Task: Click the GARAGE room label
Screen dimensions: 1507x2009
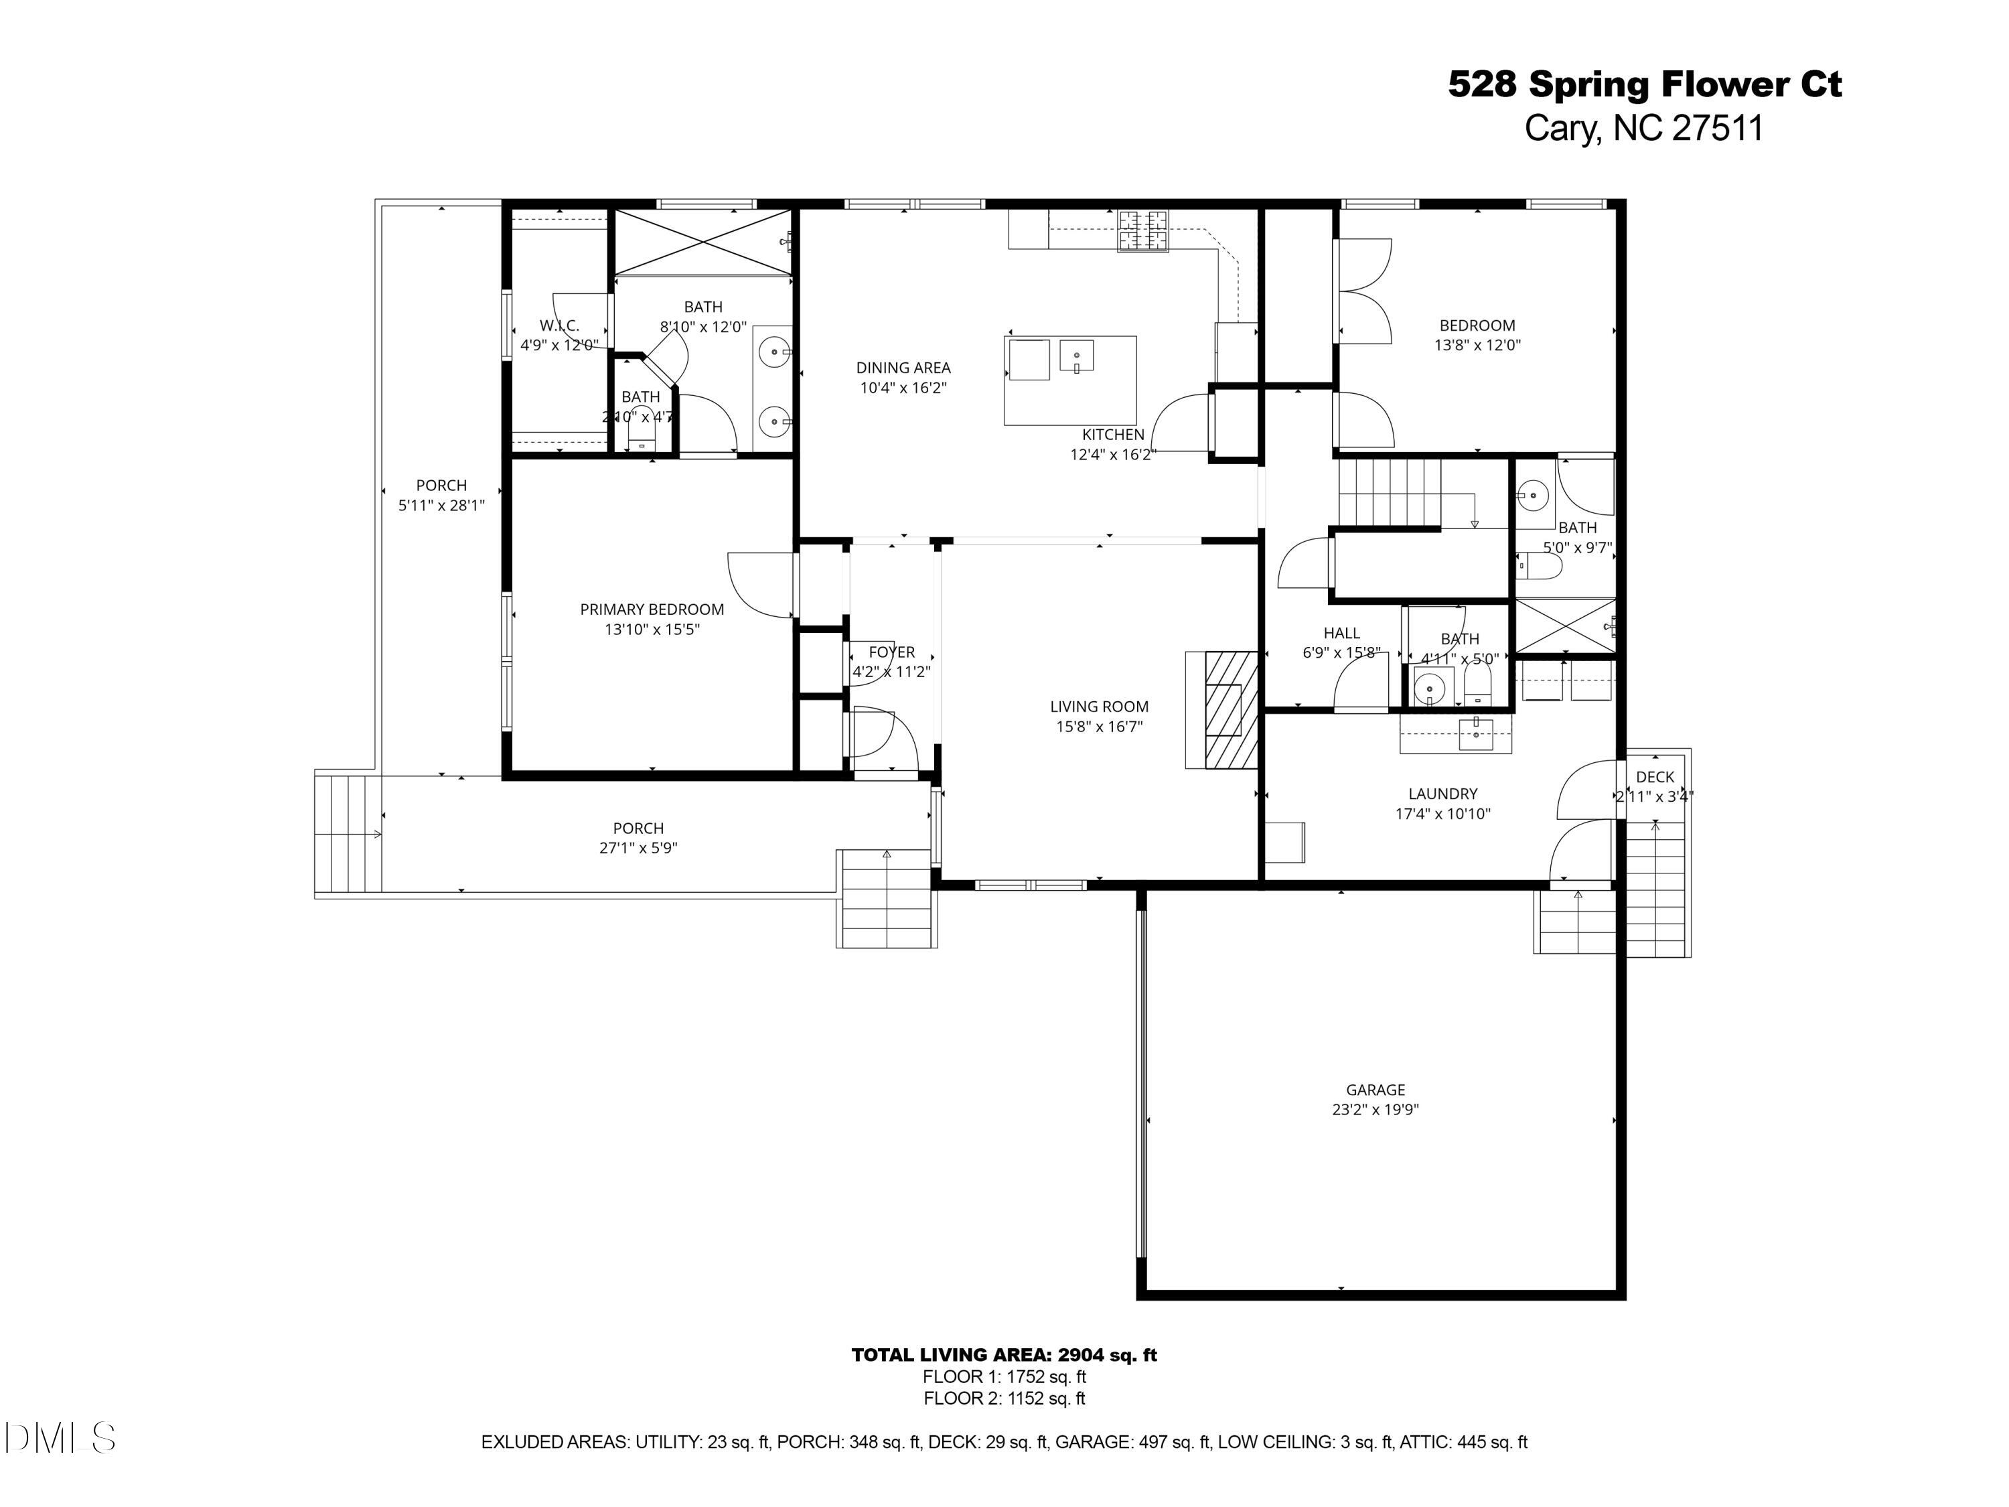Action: pos(1375,1089)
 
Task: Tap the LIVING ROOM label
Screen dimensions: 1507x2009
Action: pos(1099,706)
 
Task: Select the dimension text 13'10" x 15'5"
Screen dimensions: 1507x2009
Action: pos(652,629)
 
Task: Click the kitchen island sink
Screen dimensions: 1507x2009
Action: pos(1076,355)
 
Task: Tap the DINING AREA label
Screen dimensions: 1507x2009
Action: pos(903,368)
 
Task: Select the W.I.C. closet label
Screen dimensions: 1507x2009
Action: pos(559,326)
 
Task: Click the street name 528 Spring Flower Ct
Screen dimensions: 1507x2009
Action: pos(1644,84)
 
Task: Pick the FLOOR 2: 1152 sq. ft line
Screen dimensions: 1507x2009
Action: pos(1004,1398)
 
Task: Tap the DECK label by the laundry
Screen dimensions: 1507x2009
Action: pos(1655,777)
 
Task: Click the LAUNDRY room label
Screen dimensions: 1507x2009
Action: pos(1442,794)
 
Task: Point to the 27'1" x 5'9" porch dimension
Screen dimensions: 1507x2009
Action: pos(638,847)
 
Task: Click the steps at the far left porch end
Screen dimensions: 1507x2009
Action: pos(347,833)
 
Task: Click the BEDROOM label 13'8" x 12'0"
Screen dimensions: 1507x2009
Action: pos(1477,326)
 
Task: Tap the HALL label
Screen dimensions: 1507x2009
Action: pos(1341,633)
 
